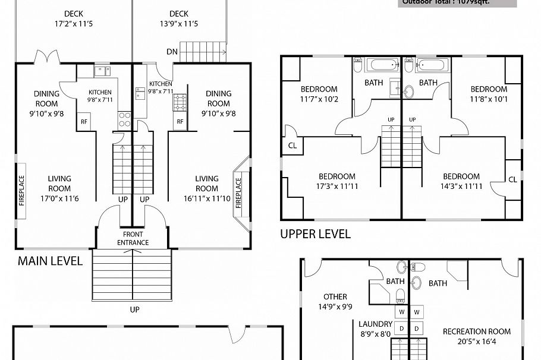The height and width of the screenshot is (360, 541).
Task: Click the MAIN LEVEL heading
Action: [50, 261]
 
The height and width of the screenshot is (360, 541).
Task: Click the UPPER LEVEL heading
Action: [315, 233]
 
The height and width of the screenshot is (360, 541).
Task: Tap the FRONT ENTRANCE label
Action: [133, 238]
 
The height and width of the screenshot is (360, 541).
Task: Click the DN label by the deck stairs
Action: [172, 52]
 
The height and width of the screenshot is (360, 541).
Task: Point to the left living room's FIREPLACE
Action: [21, 190]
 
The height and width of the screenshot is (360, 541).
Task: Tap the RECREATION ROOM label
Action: [476, 331]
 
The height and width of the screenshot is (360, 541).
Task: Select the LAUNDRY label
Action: [375, 324]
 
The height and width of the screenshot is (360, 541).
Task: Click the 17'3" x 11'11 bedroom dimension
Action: [336, 186]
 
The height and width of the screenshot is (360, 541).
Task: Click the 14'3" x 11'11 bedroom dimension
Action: [461, 186]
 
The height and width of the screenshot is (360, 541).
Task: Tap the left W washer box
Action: [401, 312]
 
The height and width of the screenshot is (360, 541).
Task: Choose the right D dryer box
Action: [417, 328]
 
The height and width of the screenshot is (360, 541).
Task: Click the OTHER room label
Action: [335, 296]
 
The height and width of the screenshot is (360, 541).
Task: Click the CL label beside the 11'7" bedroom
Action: [292, 145]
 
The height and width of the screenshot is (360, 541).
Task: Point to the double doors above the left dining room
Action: [46, 58]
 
